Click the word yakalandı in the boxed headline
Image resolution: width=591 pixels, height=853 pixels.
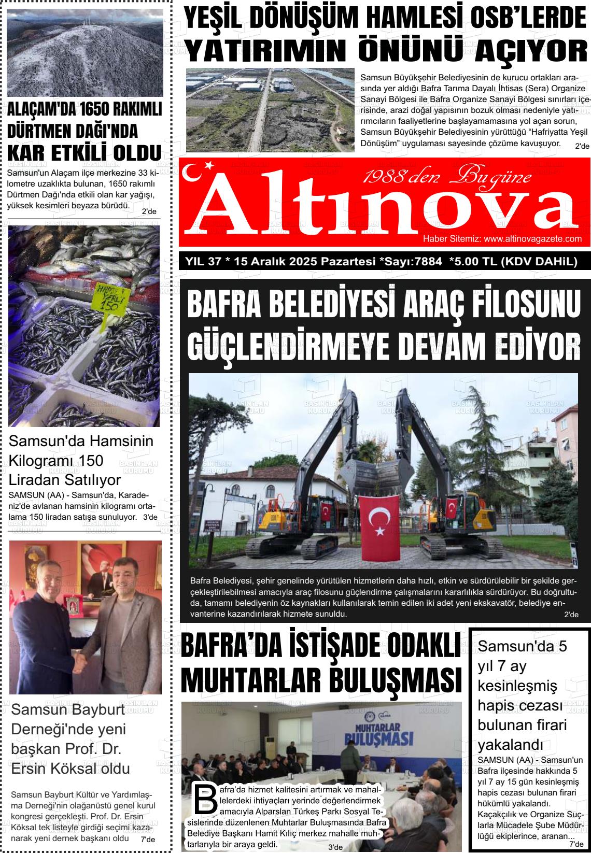point(510,745)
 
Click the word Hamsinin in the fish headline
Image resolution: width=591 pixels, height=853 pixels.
point(119,441)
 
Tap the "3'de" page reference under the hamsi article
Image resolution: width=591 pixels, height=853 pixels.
point(150,517)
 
